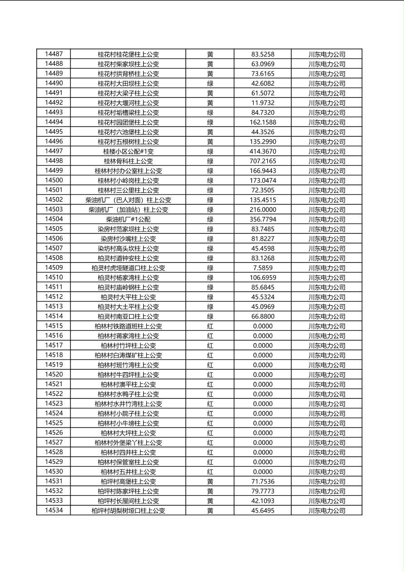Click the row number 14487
click(54, 54)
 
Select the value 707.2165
click(263, 161)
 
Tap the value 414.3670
click(263, 151)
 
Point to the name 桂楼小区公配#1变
click(128, 151)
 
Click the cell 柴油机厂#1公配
click(128, 219)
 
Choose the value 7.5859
click(263, 268)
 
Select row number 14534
click(54, 510)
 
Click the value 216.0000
click(263, 209)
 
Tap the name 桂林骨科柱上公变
click(128, 161)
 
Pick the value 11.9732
click(263, 103)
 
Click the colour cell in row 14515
click(210, 326)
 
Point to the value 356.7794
click(263, 219)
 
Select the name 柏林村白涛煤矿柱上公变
click(128, 355)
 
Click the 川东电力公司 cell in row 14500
click(327, 180)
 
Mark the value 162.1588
click(263, 122)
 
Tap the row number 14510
click(54, 277)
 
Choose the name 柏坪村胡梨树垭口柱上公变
click(128, 510)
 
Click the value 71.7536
click(263, 481)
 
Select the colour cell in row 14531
click(210, 481)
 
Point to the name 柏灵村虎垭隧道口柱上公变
click(128, 268)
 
